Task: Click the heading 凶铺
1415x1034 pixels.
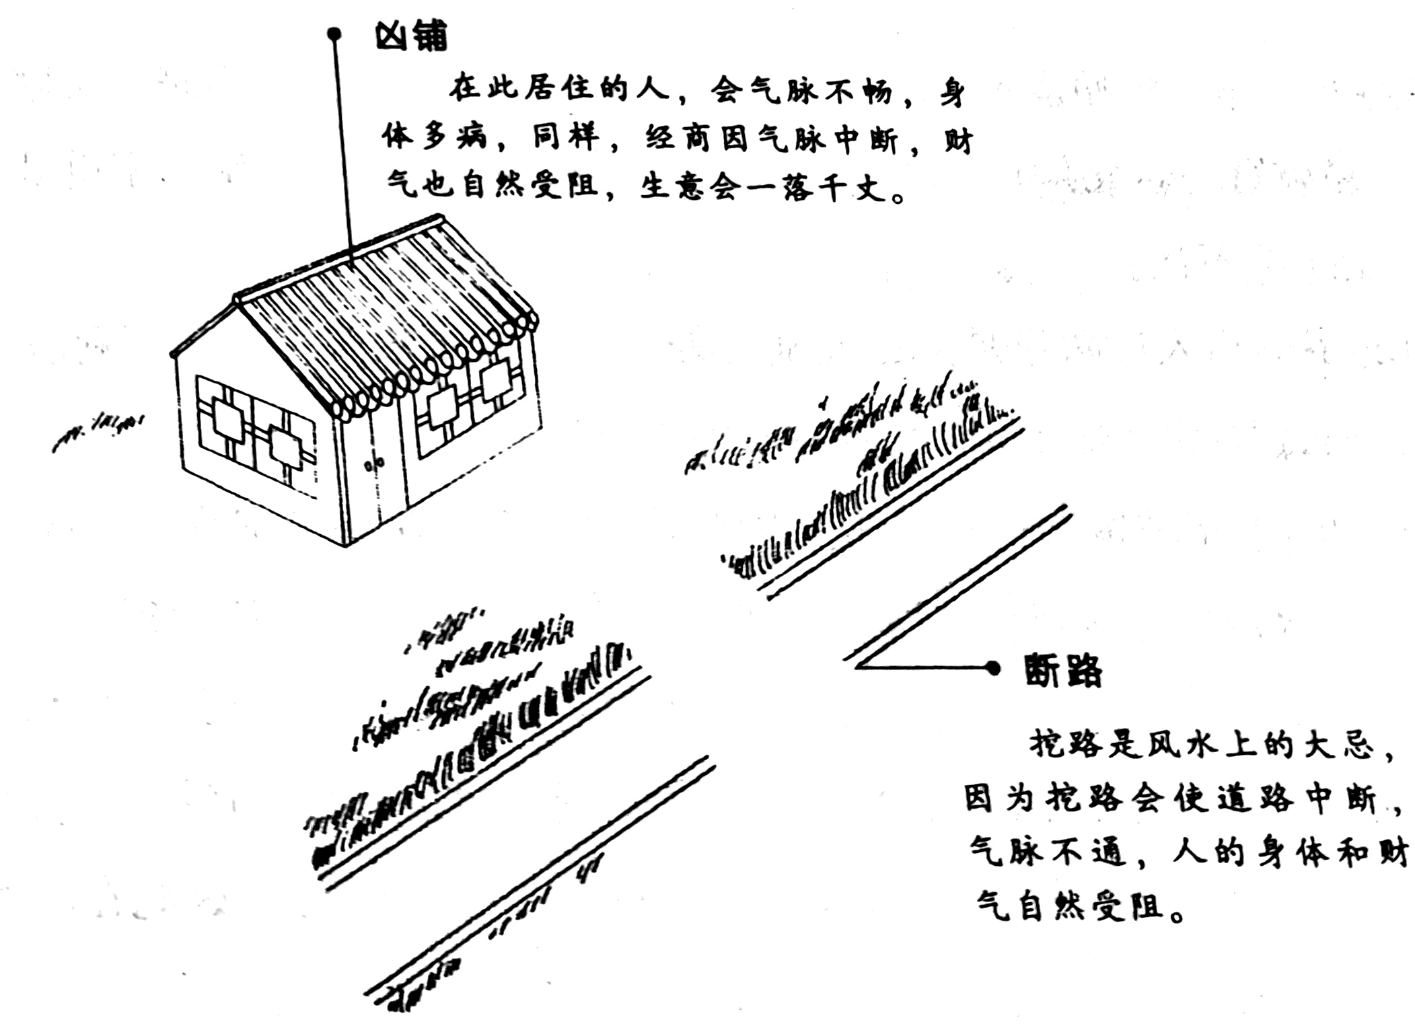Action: click(410, 36)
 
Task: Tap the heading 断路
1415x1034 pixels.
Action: click(1063, 669)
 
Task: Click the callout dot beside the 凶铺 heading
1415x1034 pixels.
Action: click(334, 34)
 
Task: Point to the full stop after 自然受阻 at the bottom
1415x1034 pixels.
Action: click(1177, 916)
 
